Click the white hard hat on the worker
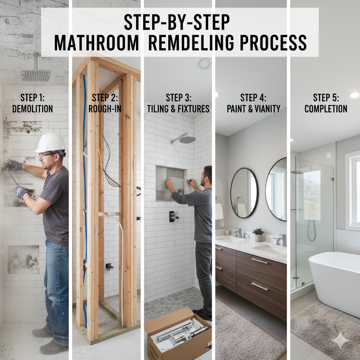pyautogui.click(x=51, y=142)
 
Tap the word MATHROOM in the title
pyautogui.click(x=96, y=43)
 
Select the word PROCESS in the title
pyautogui.click(x=273, y=43)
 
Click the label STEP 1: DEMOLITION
pyautogui.click(x=32, y=103)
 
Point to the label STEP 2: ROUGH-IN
pyautogui.click(x=105, y=103)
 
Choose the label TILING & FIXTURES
pyautogui.click(x=178, y=109)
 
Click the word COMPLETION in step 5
pyautogui.click(x=326, y=109)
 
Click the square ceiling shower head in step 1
pyautogui.click(x=36, y=75)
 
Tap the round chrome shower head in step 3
pyautogui.click(x=187, y=139)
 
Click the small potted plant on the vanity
pyautogui.click(x=258, y=234)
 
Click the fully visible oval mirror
pyautogui.click(x=245, y=193)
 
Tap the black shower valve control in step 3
pyautogui.click(x=173, y=217)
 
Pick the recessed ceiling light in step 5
pyautogui.click(x=354, y=95)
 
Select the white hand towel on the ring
pyautogui.click(x=219, y=211)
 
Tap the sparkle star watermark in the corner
pyautogui.click(x=340, y=340)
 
